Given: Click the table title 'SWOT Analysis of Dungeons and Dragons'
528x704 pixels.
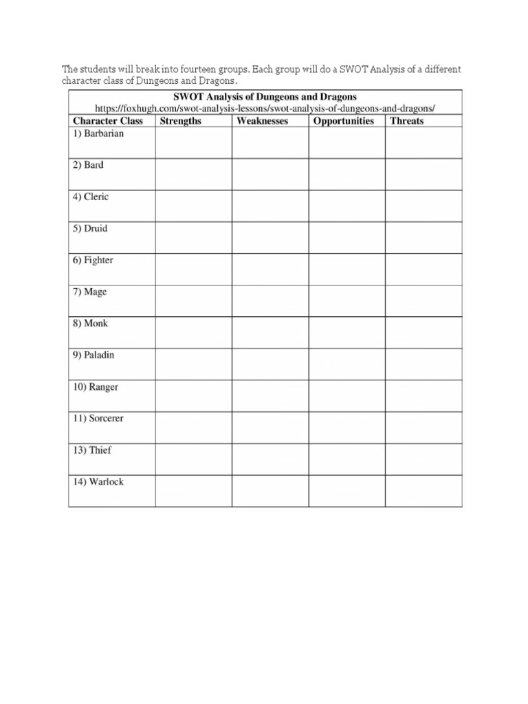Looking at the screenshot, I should (x=265, y=96).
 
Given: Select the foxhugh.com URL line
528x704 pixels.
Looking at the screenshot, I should (x=265, y=109).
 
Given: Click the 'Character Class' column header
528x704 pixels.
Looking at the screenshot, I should (x=108, y=121).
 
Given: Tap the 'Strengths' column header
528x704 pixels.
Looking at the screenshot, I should (x=180, y=121).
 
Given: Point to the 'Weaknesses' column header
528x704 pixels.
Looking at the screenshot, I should (x=262, y=121).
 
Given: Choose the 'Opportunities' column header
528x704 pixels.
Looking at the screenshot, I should (x=343, y=121).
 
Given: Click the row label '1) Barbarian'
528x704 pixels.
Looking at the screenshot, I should (x=98, y=133).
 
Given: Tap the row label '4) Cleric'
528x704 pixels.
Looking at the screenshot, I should (x=91, y=197).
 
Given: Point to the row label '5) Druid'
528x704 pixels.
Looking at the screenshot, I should (x=90, y=228).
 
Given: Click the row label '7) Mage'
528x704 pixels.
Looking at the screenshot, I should (x=90, y=291).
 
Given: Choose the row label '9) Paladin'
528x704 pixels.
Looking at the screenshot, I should (x=93, y=355).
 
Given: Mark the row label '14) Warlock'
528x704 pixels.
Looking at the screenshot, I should (x=98, y=481).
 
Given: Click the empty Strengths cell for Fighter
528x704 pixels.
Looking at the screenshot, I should (x=193, y=269).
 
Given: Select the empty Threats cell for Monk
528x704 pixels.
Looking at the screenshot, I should (x=423, y=332).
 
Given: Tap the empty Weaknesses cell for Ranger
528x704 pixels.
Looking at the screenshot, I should (x=269, y=395).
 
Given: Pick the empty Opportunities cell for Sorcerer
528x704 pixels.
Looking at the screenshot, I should (x=346, y=427).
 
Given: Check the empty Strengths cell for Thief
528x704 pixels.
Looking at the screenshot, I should (x=193, y=459).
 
